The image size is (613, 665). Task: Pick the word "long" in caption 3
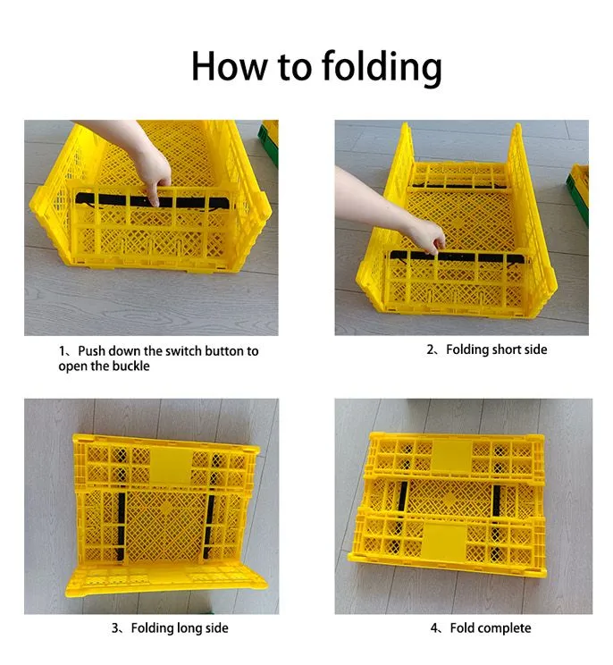click(x=189, y=628)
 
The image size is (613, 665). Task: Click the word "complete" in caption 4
click(x=503, y=628)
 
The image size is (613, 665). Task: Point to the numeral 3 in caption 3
click(x=116, y=628)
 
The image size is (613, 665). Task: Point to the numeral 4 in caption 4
click(x=435, y=628)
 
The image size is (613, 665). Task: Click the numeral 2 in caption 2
click(x=431, y=349)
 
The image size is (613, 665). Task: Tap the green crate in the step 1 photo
click(x=269, y=143)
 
